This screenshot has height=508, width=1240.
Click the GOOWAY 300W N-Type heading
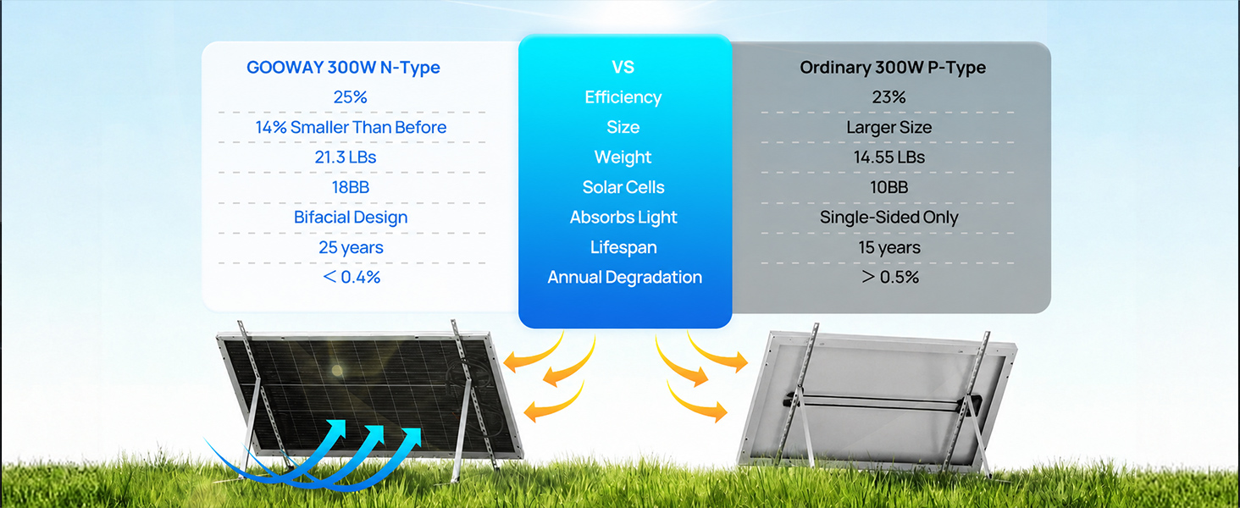tap(343, 68)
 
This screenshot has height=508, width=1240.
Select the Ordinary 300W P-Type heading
tap(893, 68)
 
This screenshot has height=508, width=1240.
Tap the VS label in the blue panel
tap(623, 67)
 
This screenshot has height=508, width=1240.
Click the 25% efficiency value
tap(350, 97)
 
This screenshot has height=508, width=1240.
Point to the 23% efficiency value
tap(888, 97)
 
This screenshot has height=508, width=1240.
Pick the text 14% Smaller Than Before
tap(351, 127)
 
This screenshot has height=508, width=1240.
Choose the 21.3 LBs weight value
tap(346, 157)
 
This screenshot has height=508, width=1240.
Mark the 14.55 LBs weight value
tap(889, 157)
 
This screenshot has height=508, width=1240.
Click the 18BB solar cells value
tap(351, 187)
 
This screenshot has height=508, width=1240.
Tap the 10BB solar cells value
tap(889, 187)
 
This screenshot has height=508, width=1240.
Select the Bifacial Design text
tap(351, 218)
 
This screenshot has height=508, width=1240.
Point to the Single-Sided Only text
tap(889, 218)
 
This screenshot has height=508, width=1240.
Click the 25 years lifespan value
tap(351, 247)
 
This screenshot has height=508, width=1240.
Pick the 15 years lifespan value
tap(889, 247)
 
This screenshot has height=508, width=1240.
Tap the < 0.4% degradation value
tap(352, 277)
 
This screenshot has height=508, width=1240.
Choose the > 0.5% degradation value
tap(890, 277)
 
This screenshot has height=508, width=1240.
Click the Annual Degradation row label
tap(624, 277)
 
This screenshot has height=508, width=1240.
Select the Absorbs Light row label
tap(623, 218)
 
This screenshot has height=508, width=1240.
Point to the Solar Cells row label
tap(623, 187)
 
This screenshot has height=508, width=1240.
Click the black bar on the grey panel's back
tap(883, 402)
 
